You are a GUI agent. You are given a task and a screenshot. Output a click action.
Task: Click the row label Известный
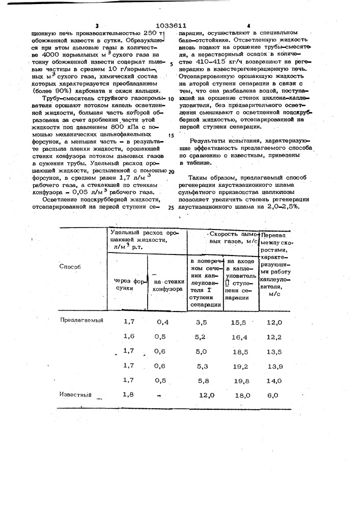(x=76, y=394)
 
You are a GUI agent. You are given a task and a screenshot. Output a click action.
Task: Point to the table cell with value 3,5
(x=202, y=322)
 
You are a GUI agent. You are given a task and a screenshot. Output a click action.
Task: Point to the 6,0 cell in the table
(x=273, y=395)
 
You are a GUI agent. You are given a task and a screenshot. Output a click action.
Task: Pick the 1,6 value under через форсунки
(x=130, y=336)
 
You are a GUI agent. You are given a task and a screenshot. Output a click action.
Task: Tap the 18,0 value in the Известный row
(x=241, y=395)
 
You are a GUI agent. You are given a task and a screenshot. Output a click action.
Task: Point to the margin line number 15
(x=171, y=135)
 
